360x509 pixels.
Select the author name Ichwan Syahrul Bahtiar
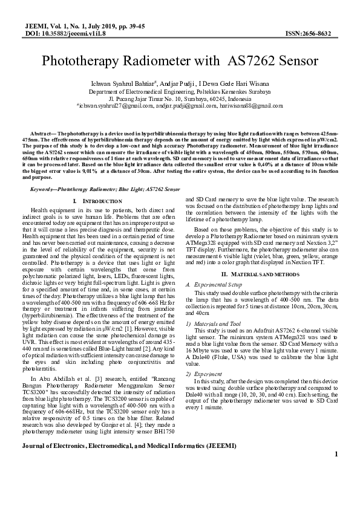pyautogui.click(x=114, y=83)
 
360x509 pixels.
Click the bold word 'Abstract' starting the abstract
pyautogui.click(x=42, y=132)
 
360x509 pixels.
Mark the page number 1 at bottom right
pyautogui.click(x=335, y=471)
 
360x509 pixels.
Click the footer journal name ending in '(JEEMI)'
pyautogui.click(x=129, y=462)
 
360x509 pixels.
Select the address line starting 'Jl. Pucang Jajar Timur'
pyautogui.click(x=180, y=98)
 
